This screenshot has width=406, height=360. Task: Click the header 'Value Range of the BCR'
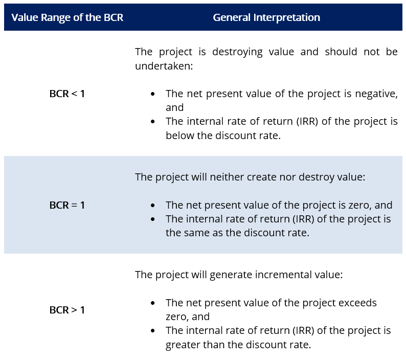coord(67,17)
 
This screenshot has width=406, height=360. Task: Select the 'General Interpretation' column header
coord(266,17)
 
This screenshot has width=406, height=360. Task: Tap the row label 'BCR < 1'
coord(67,94)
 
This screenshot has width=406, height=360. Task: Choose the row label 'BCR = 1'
coord(67,205)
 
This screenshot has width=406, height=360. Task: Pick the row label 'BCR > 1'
coord(67,310)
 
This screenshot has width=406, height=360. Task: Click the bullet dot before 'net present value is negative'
coord(153,95)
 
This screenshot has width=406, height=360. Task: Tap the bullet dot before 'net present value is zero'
coord(153,206)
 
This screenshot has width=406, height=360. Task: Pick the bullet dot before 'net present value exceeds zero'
coord(153,303)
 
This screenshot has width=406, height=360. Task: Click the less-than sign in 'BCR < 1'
coord(75,95)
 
